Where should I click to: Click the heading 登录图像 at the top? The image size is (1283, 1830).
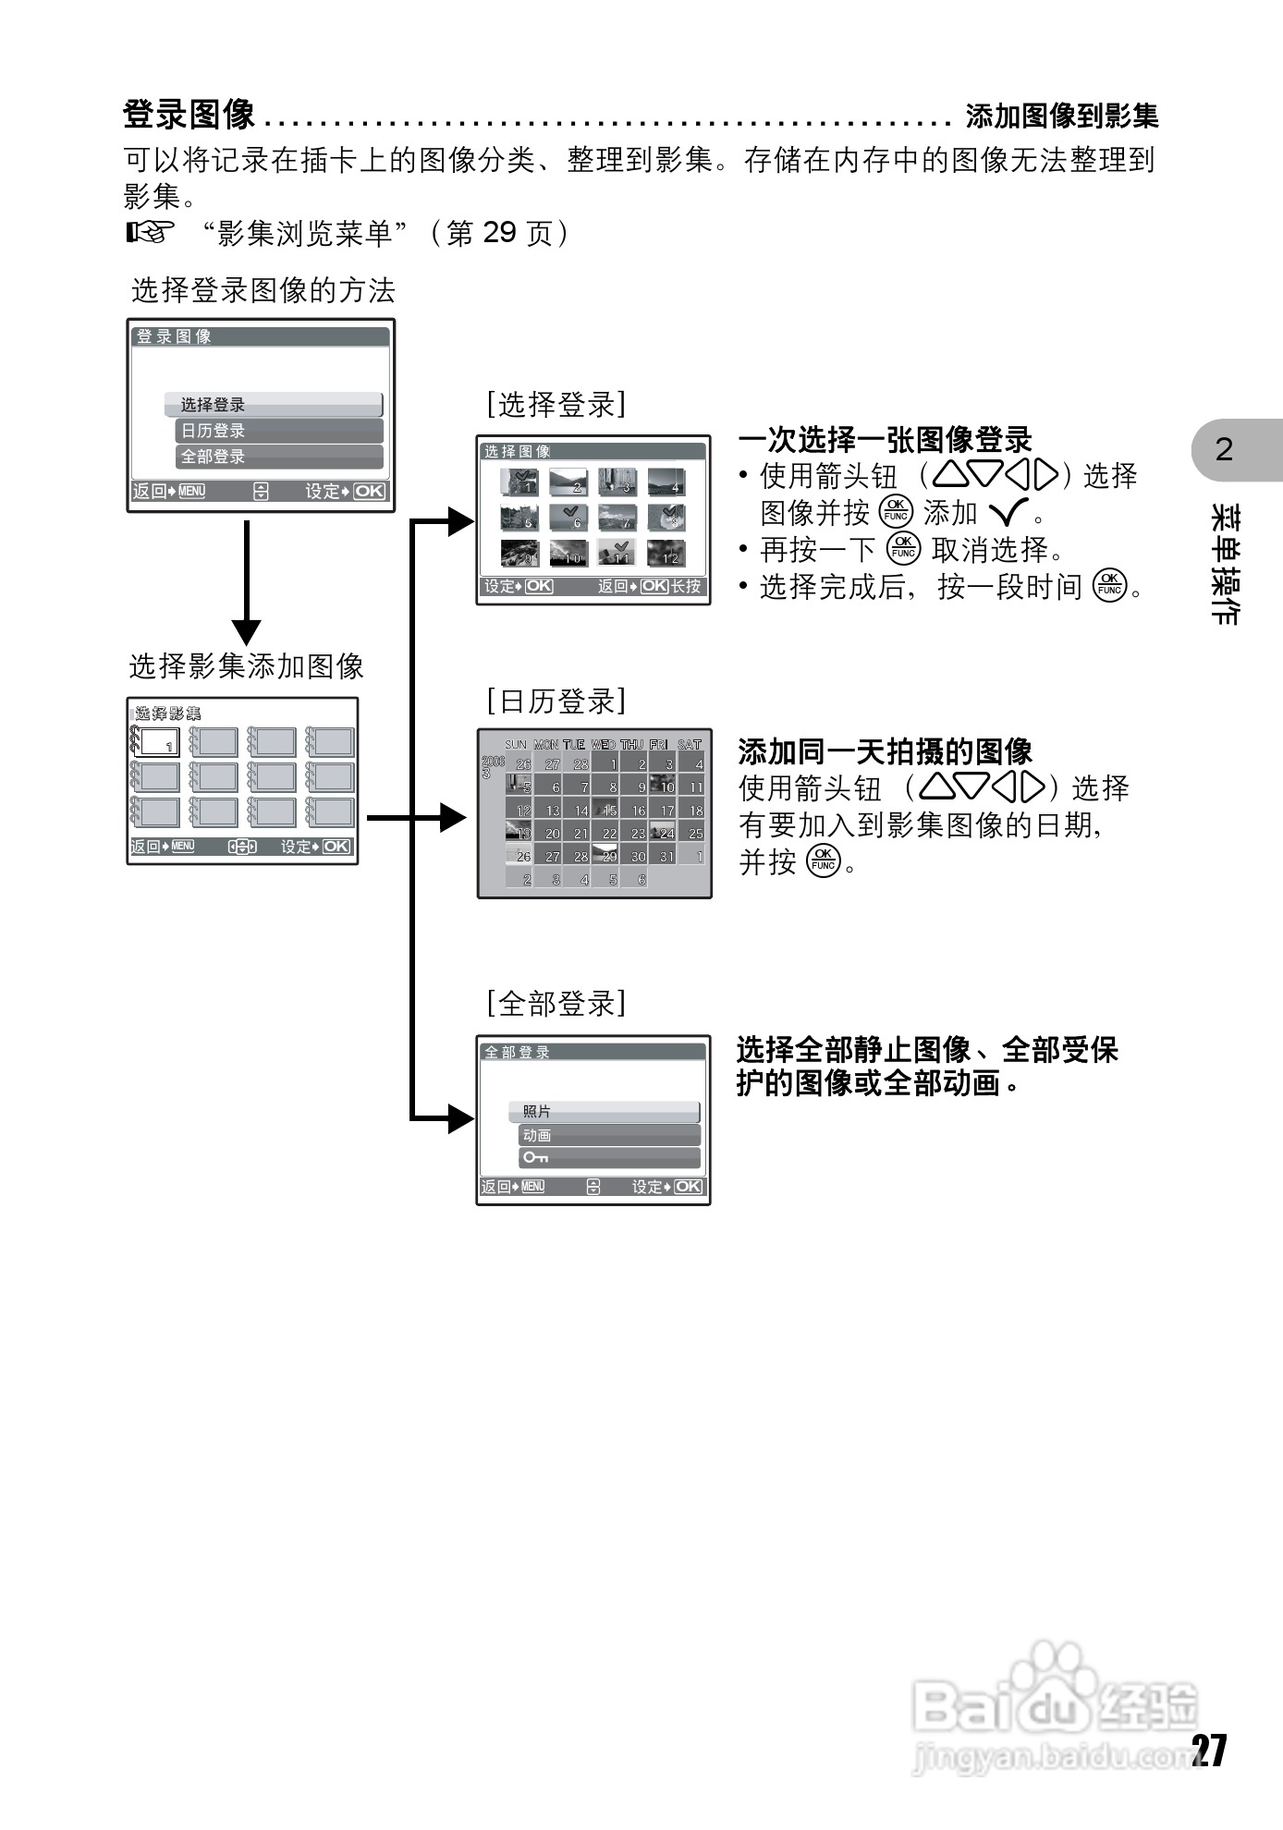click(x=189, y=115)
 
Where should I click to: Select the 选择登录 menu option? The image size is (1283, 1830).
click(x=274, y=405)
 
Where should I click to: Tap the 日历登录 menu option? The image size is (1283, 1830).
click(x=278, y=431)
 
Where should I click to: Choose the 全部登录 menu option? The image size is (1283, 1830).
click(x=278, y=457)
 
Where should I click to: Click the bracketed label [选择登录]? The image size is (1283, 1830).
click(x=556, y=404)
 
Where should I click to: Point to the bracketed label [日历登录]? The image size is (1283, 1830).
click(x=556, y=701)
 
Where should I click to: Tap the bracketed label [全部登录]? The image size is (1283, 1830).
click(x=556, y=1003)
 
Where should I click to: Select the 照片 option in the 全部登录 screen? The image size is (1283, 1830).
click(x=604, y=1112)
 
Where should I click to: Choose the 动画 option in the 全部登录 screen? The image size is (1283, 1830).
click(x=609, y=1136)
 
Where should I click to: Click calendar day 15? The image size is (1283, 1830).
click(x=609, y=811)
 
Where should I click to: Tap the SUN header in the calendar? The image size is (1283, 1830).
click(x=516, y=744)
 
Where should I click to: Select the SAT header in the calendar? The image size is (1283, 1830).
click(x=690, y=744)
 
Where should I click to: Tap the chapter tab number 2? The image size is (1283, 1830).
click(x=1224, y=450)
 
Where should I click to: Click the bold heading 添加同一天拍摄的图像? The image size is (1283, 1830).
click(x=885, y=750)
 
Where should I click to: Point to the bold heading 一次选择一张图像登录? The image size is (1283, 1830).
click(x=885, y=439)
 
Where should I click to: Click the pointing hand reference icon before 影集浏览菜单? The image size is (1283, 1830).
click(x=150, y=233)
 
